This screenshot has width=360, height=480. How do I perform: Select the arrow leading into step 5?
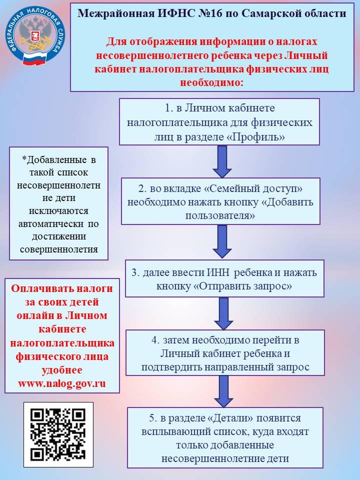click(222, 390)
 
